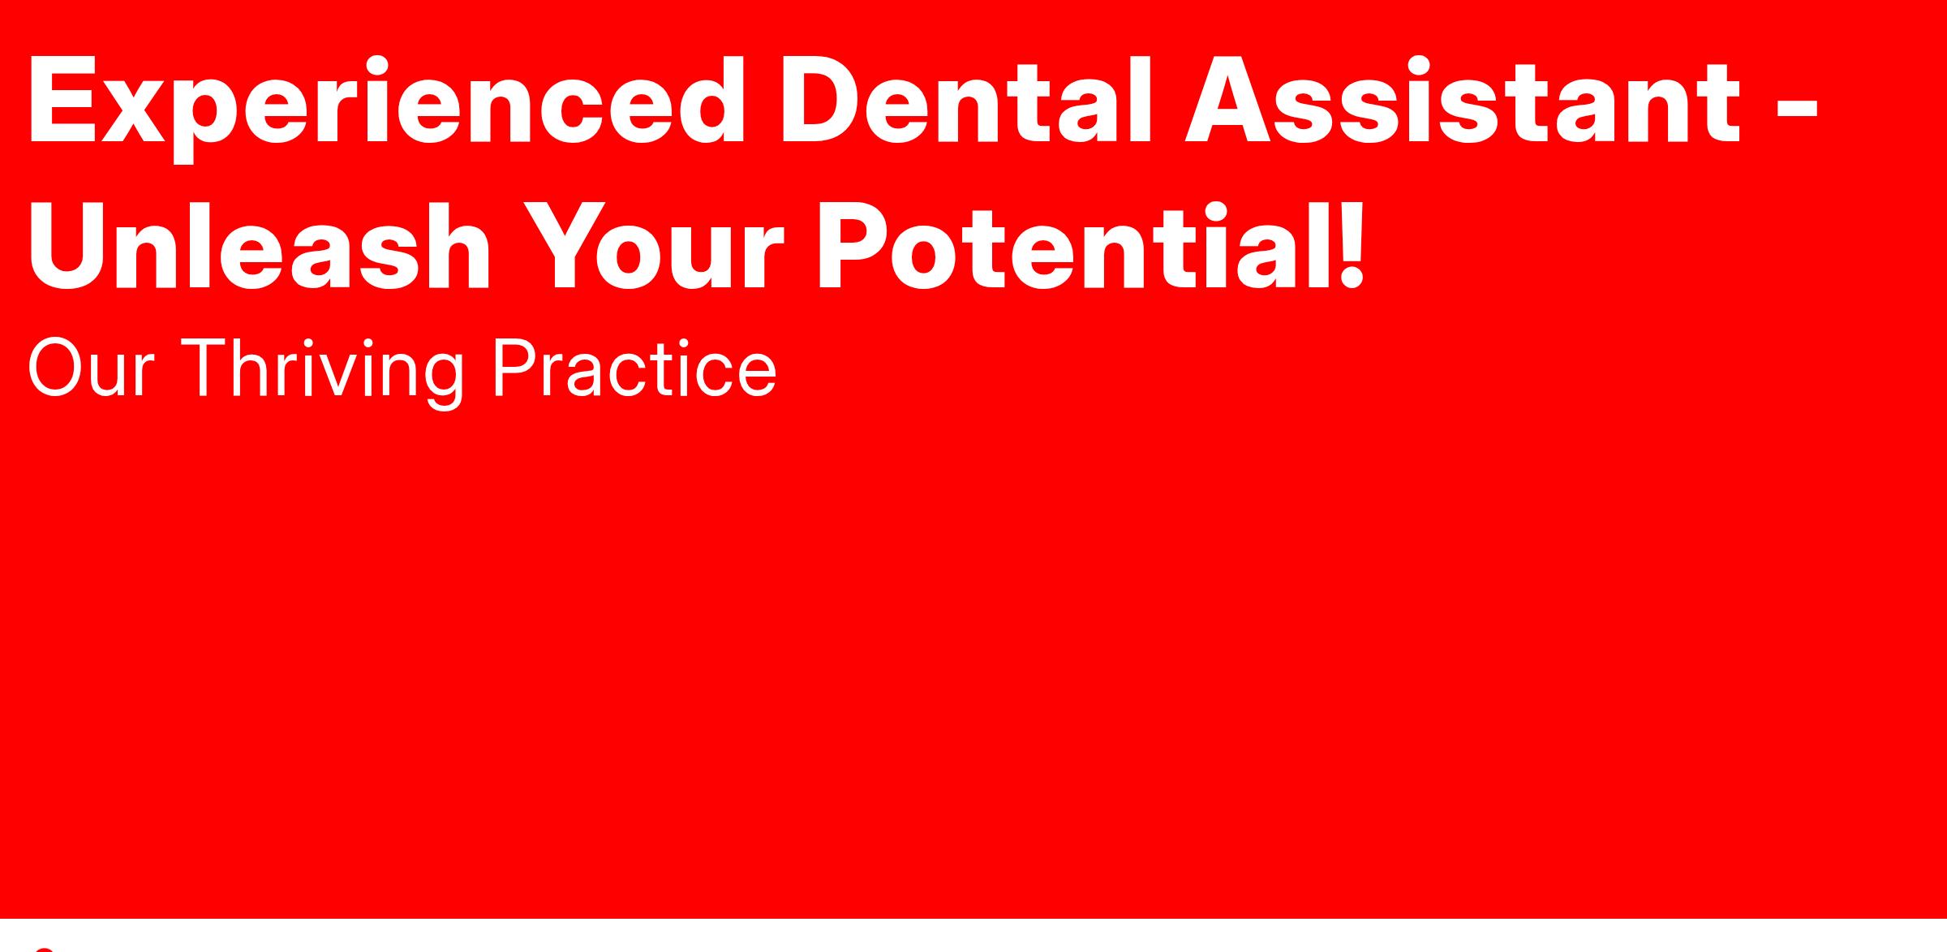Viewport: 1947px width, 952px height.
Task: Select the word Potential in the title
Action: coord(1068,246)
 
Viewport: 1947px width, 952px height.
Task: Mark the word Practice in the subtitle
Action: coord(634,369)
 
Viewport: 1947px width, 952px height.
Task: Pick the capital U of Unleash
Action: coord(69,247)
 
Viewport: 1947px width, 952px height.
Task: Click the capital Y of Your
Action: coord(573,246)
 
